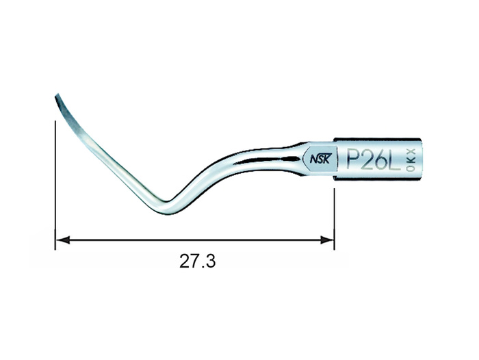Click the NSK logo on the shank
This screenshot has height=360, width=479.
(x=320, y=159)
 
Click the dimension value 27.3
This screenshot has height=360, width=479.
(x=197, y=261)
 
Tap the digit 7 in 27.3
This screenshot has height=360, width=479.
(x=193, y=261)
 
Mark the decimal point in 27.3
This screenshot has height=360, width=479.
(x=202, y=267)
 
